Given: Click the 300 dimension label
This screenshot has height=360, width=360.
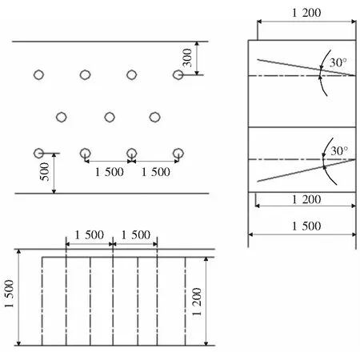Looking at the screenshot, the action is coord(187,58).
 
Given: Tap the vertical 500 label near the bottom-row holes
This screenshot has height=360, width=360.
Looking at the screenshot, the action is coord(45,172).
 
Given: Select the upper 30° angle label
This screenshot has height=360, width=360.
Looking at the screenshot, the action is coord(338,63).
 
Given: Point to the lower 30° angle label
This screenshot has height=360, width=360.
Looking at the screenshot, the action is coord(339,151).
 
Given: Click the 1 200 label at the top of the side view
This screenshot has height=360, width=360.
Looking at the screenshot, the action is coord(306,13).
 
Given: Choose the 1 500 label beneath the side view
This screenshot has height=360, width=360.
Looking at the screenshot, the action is coord(306,226).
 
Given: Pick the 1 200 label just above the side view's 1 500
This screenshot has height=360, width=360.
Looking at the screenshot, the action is coord(306,199).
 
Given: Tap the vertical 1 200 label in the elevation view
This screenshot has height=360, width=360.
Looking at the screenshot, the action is coord(197,302).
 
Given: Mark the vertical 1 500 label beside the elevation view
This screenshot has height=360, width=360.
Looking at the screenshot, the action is coord(9,294).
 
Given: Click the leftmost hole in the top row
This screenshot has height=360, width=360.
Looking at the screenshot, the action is coord(38,75).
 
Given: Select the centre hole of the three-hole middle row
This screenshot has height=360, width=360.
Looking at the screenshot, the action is coord(110,117).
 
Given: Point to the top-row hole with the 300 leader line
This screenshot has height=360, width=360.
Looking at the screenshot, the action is coord(178,75).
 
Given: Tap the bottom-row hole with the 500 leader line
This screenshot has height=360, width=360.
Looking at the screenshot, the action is coord(38,154).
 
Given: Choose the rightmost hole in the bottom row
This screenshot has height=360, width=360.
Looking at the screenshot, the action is coord(178,154).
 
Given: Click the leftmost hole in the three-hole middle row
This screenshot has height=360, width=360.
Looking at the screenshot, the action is coord(62,117).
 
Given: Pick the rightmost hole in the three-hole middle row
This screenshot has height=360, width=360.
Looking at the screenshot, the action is coord(154,117).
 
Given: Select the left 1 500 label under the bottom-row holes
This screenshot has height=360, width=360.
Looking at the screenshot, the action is coord(110,172).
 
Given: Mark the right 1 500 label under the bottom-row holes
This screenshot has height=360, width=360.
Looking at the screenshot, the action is coord(156,172).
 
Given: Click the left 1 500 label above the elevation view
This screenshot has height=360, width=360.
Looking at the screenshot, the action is coord(90,235).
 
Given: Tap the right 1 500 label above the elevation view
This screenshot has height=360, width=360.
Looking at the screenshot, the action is coord(136,235).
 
